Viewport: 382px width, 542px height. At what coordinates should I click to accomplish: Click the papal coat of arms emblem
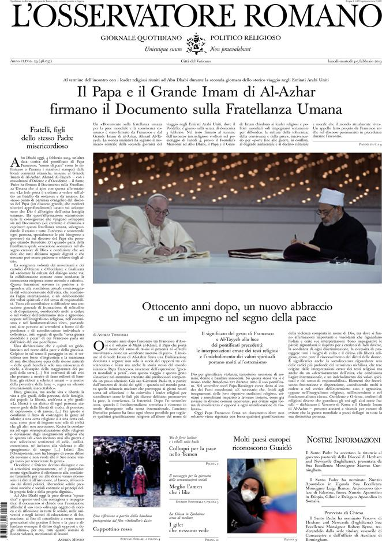(195, 44)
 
